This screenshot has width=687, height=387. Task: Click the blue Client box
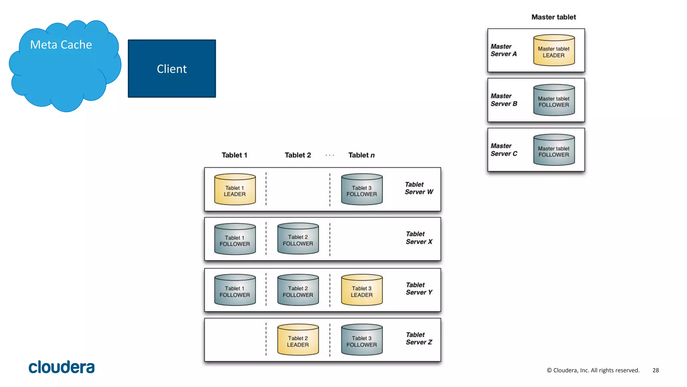pos(172,69)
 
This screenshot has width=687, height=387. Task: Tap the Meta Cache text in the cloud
pos(61,45)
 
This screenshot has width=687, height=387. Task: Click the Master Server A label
pos(504,50)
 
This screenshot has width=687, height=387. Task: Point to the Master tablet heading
pos(553,17)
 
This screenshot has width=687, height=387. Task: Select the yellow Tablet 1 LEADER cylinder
pos(235,189)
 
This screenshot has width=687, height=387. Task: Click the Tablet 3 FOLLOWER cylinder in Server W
pos(362,189)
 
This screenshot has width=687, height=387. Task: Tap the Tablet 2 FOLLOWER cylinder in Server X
pos(298,239)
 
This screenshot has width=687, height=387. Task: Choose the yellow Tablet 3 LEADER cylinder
pos(362,290)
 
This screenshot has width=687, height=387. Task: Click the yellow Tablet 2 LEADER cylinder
pos(298,340)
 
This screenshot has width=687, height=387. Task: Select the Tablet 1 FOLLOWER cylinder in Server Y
pos(235,290)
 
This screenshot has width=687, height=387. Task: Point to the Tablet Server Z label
pos(419,339)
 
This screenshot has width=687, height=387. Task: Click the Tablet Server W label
pos(419,188)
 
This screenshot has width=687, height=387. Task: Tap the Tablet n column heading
pos(361,155)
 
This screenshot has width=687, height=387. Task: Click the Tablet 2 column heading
pos(298,155)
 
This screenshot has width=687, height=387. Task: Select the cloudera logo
pos(62,367)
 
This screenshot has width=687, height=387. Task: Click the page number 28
pos(655,370)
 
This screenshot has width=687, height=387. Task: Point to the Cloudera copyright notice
pos(593,370)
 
